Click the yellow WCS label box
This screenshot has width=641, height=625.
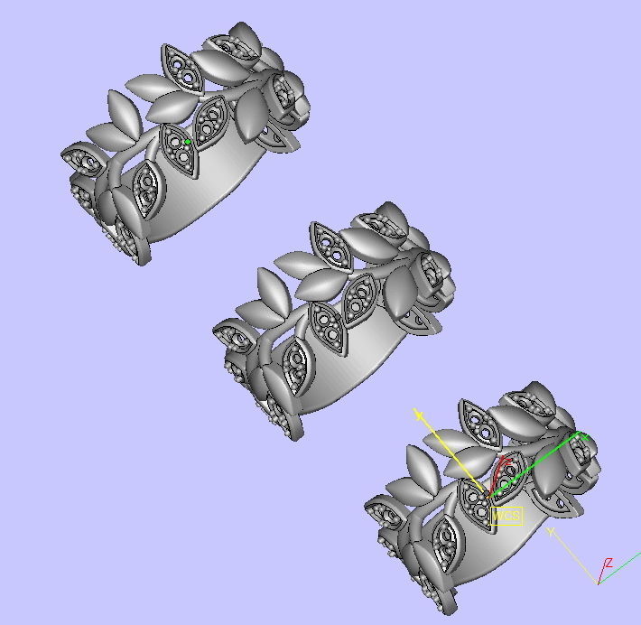(506, 516)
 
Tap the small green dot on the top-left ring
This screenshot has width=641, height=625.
(187, 142)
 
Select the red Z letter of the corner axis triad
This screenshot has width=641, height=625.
(609, 563)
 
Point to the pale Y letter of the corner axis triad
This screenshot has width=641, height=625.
(551, 533)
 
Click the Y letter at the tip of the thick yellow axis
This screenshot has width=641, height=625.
(418, 413)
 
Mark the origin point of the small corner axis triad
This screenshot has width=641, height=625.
(598, 583)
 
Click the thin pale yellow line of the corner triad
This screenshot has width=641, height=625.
(578, 560)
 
